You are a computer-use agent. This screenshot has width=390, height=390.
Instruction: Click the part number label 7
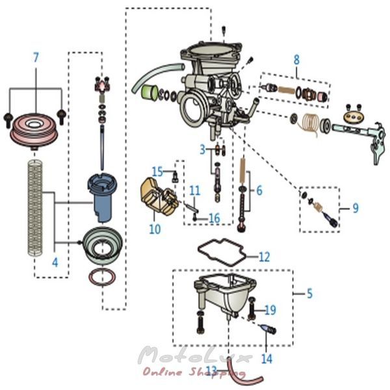pyautogui.click(x=36, y=58)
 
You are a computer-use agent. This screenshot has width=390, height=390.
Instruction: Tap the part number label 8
pyautogui.click(x=296, y=60)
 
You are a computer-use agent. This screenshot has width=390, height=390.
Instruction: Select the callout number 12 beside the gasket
pyautogui.click(x=265, y=257)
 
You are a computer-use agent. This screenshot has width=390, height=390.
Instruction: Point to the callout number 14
pyautogui.click(x=266, y=359)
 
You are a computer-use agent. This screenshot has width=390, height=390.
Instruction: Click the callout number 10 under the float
pyautogui.click(x=155, y=229)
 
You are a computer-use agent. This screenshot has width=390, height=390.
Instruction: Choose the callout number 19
pyautogui.click(x=270, y=310)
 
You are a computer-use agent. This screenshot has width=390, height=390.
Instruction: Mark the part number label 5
pyautogui.click(x=309, y=294)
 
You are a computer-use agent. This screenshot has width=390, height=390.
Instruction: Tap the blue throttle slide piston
pyautogui.click(x=102, y=196)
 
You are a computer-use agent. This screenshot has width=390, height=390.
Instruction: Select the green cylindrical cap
pyautogui.click(x=149, y=92)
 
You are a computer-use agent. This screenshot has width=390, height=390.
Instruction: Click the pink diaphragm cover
pyautogui.click(x=34, y=131)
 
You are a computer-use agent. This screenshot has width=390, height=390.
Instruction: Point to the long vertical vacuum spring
pyautogui.click(x=35, y=209)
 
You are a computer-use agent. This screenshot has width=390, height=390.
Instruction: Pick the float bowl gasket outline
pyautogui.click(x=222, y=252)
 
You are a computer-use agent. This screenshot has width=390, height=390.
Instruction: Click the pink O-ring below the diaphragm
pyautogui.click(x=103, y=277)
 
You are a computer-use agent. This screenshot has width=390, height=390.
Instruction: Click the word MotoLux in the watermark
pyautogui.click(x=195, y=356)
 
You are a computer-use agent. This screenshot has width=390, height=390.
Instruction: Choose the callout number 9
pyautogui.click(x=356, y=208)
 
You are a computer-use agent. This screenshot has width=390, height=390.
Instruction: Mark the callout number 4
pyautogui.click(x=55, y=262)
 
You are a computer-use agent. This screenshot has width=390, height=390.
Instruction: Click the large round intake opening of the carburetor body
pyautogui.click(x=192, y=109)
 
